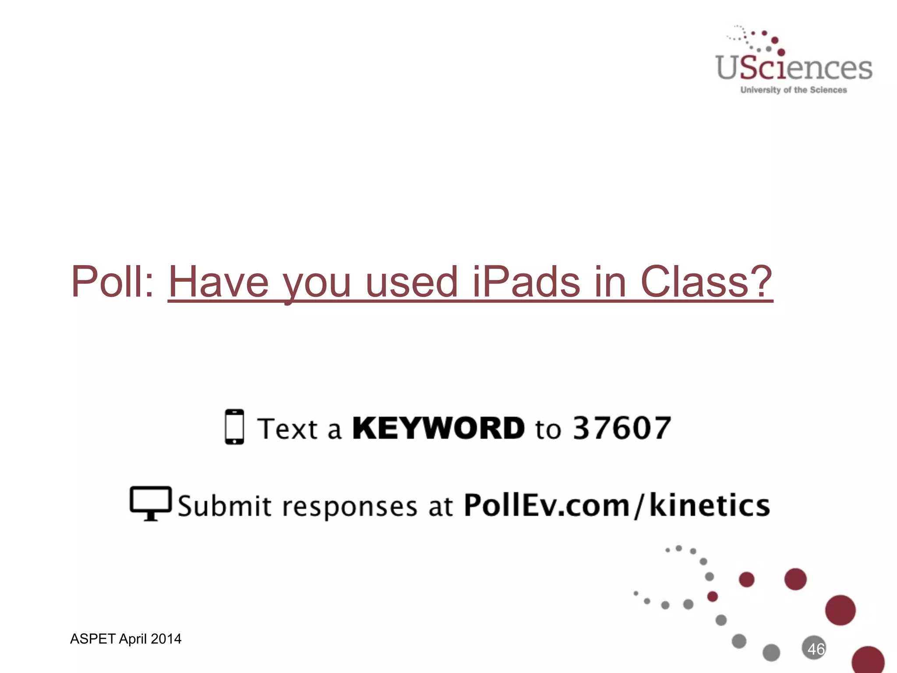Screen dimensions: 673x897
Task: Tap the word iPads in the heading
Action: [x=526, y=282]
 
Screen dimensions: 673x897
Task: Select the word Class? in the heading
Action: [x=706, y=282]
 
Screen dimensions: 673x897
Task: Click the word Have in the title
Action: [x=218, y=282]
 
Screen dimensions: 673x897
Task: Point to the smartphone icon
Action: [x=234, y=427]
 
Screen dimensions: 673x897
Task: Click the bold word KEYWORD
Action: [x=438, y=428]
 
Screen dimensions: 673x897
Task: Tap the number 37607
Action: [x=622, y=428]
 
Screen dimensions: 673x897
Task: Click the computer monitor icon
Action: [x=151, y=503]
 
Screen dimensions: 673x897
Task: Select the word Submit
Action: [x=225, y=506]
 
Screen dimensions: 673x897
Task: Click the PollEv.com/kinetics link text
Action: [x=617, y=506]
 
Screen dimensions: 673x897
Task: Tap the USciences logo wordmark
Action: [x=794, y=68]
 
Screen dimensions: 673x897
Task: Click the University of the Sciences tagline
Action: [x=794, y=90]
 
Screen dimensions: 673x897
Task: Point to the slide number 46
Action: [x=816, y=649]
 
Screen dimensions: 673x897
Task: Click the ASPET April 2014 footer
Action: [x=126, y=639]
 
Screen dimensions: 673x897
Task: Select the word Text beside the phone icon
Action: [x=287, y=429]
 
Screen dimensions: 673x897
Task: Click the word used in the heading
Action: [x=412, y=282]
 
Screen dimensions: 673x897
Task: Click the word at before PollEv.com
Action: [x=440, y=507]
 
